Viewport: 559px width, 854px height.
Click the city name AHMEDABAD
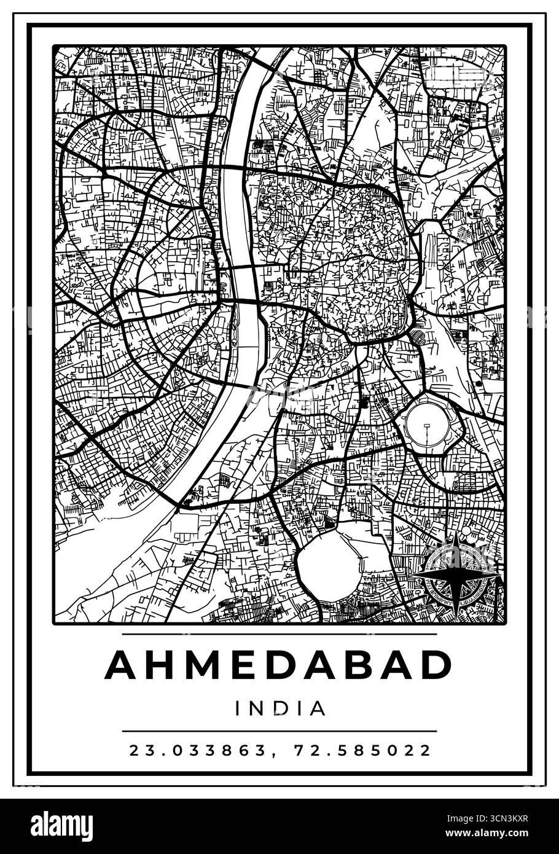(x=279, y=665)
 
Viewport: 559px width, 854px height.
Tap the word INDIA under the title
(x=279, y=708)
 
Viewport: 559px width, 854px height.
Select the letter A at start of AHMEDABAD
(x=122, y=665)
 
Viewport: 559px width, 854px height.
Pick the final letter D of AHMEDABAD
(x=434, y=665)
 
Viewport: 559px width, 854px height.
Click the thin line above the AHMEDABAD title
(x=279, y=633)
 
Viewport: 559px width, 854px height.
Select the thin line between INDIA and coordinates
(x=279, y=731)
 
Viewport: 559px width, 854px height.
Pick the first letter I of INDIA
(x=238, y=708)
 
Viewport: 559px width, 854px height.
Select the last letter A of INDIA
(x=317, y=708)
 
